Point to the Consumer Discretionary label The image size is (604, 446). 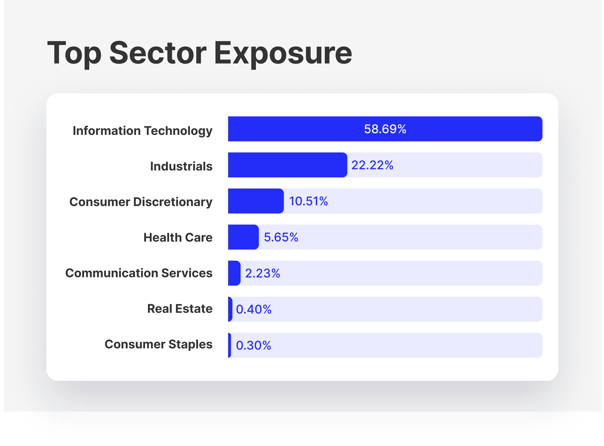141,202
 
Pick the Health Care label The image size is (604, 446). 178,238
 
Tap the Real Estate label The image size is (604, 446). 180,309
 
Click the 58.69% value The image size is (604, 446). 385,129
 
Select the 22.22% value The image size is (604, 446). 372,165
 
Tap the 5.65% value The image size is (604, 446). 281,237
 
